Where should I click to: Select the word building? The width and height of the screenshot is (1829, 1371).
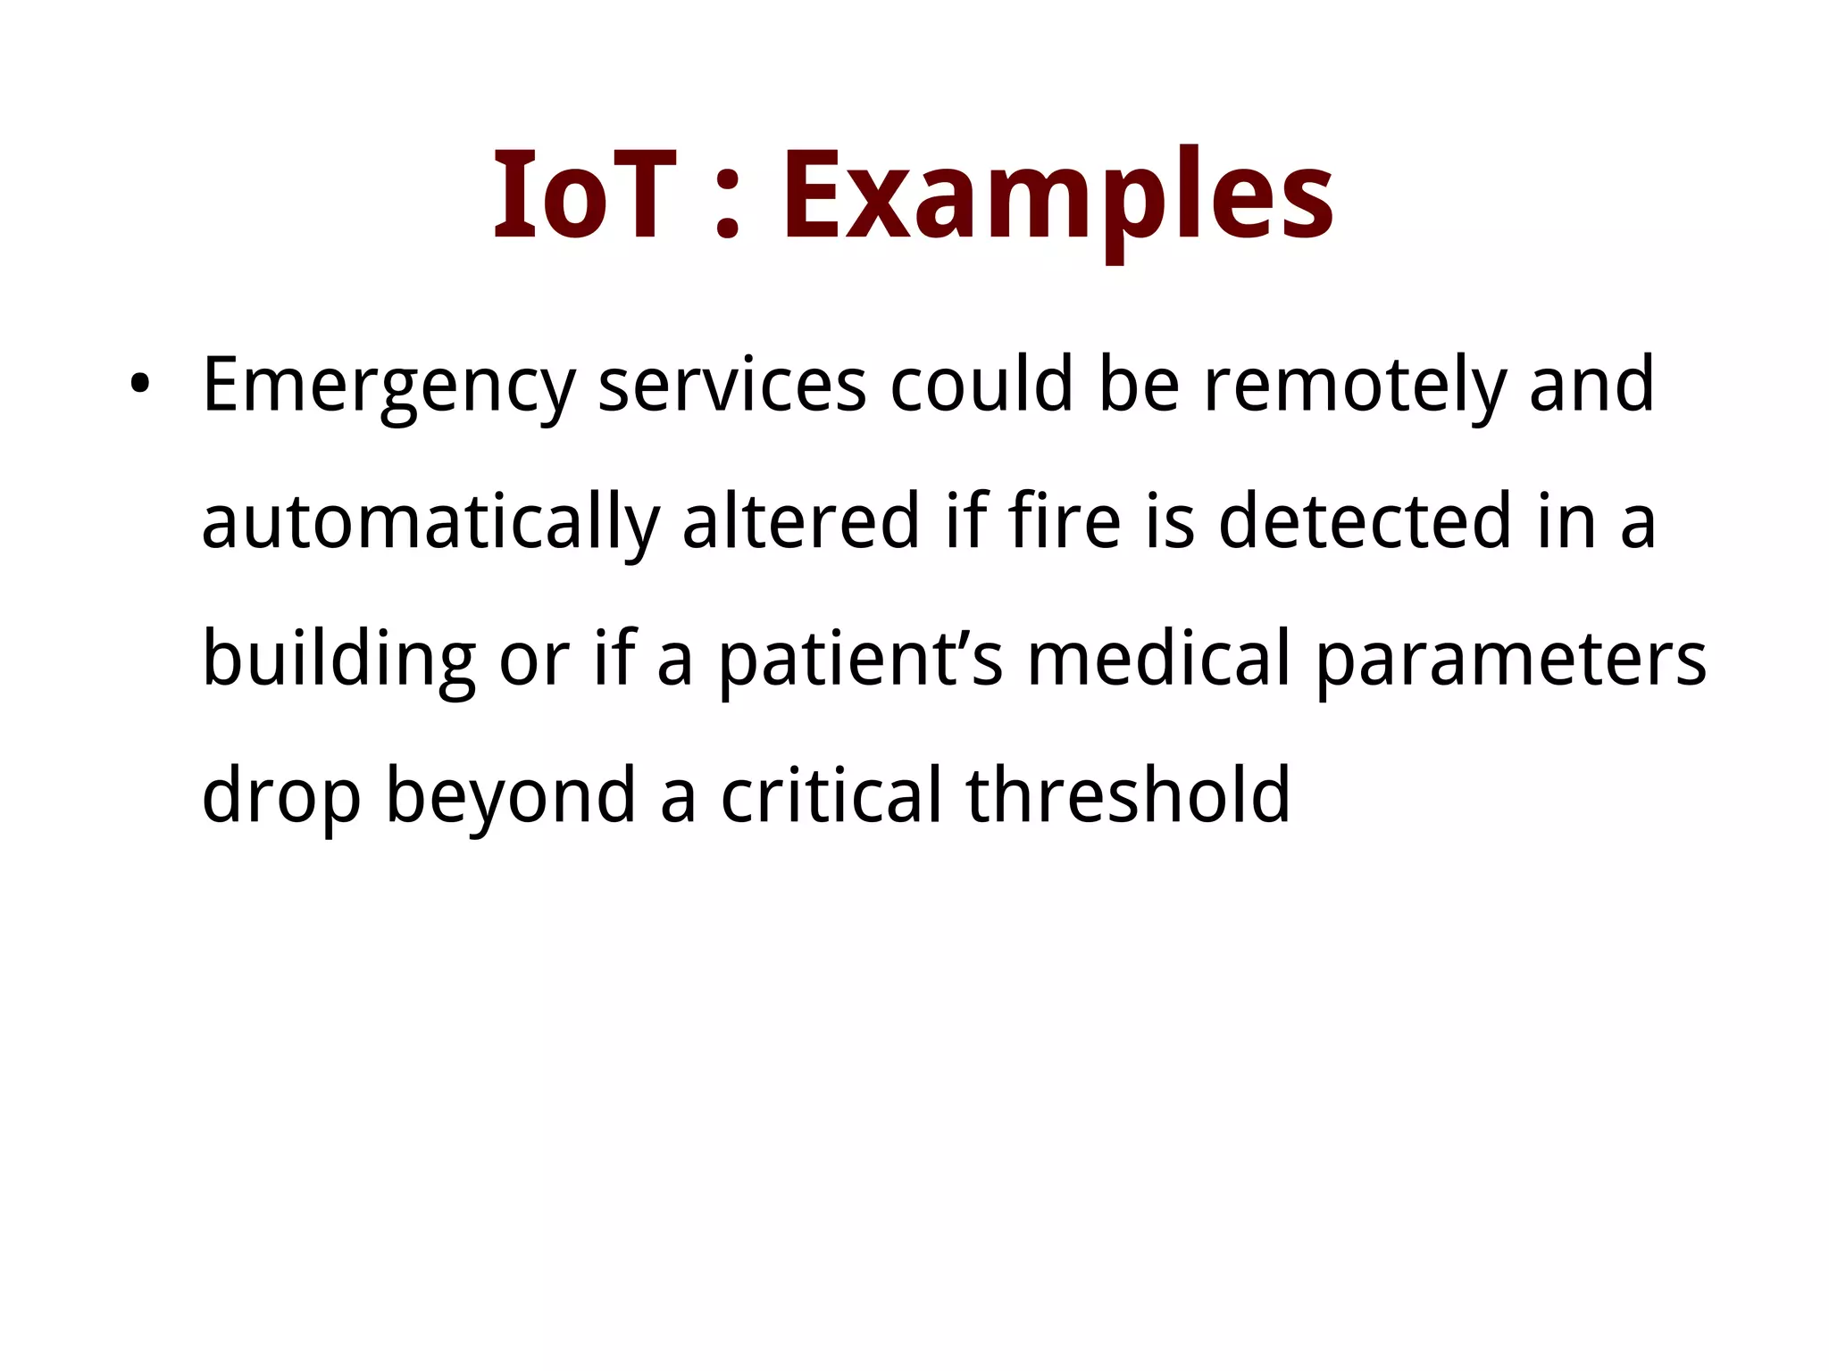click(338, 661)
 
